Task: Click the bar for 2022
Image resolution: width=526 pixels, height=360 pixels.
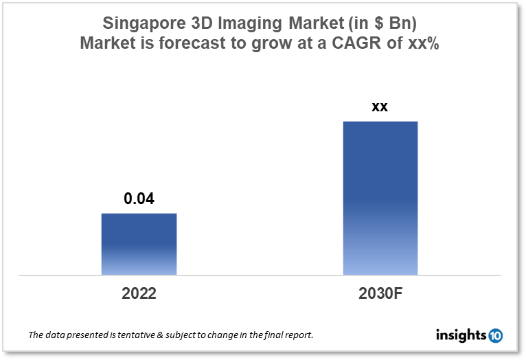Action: (139, 244)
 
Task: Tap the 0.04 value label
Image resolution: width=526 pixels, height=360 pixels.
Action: (139, 199)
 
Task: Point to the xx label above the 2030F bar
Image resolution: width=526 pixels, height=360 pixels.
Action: (380, 107)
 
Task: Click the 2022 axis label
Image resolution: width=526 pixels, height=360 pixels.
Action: (139, 294)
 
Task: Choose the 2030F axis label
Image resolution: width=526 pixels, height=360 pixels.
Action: (380, 294)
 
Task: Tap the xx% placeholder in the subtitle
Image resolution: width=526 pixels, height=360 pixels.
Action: (422, 43)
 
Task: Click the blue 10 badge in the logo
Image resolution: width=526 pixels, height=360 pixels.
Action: (495, 335)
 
